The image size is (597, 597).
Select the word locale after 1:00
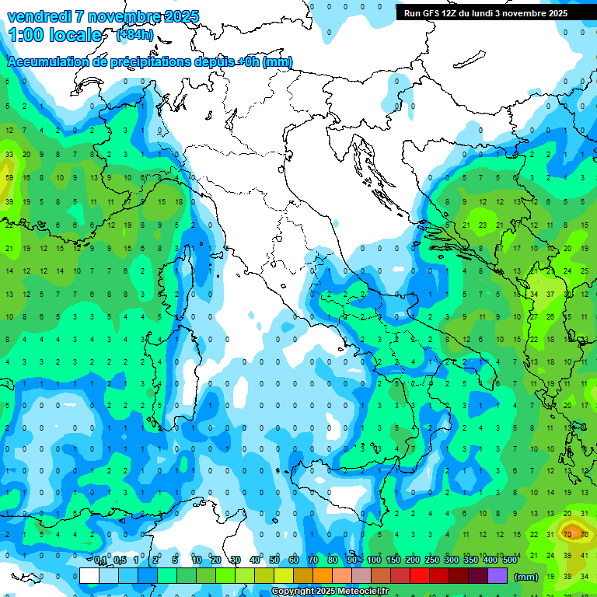(x=74, y=36)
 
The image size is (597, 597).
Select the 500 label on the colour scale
(x=509, y=560)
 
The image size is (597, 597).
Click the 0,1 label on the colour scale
(x=100, y=560)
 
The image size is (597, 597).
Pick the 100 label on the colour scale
(x=373, y=560)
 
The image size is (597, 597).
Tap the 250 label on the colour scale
(x=431, y=560)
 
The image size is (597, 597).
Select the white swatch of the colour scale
(x=89, y=576)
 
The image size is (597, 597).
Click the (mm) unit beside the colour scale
(x=526, y=577)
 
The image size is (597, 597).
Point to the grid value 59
(x=9, y=178)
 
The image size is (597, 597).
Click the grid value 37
(x=550, y=295)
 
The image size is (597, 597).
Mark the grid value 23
(x=483, y=225)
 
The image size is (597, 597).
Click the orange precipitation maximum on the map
(x=573, y=532)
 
